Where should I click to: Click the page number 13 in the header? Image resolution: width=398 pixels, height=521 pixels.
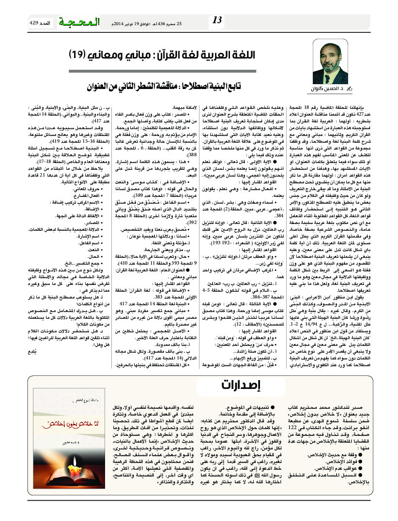(x=217, y=20)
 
